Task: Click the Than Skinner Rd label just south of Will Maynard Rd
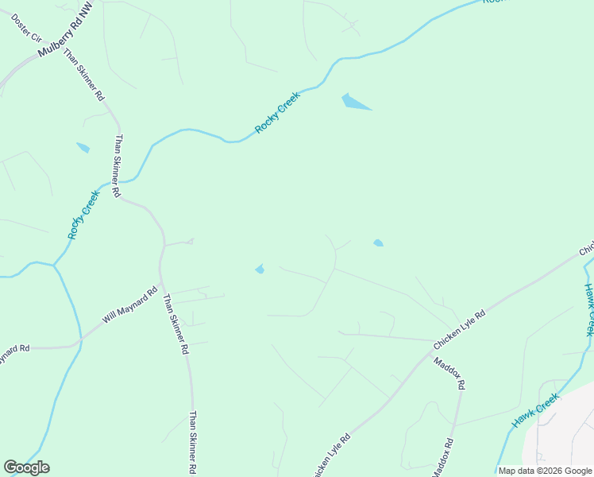pos(175,324)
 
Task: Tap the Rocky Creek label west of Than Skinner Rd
pos(84,215)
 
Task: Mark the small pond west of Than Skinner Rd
pos(83,147)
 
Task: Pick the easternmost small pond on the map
pos(378,242)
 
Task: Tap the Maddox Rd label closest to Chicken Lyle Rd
pos(449,373)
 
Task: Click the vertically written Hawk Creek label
pos(589,310)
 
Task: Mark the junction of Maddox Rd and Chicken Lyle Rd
pos(433,351)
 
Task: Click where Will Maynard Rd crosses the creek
pos(77,343)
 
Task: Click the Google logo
pos(26,467)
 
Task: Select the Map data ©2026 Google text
pos(546,471)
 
